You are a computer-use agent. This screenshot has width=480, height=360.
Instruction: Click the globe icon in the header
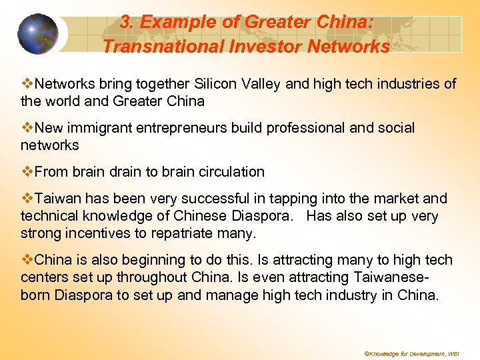(38, 33)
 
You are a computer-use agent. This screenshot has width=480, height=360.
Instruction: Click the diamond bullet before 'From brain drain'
(27, 171)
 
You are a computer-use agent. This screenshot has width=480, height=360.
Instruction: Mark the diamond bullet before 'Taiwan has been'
(27, 199)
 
